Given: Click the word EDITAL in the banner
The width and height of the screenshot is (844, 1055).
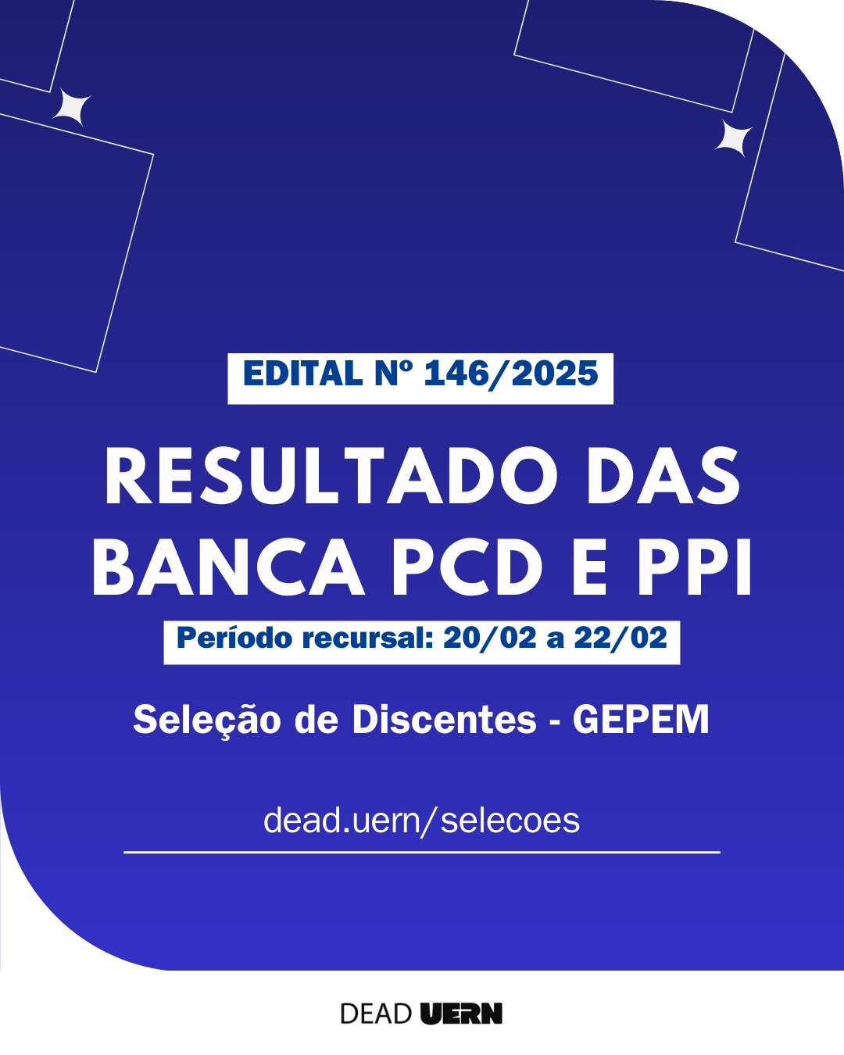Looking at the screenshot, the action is point(302,374).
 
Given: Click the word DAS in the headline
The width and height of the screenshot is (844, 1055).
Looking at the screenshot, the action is point(663,476).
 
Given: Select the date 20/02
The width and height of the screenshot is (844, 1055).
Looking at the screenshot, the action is point(489,638).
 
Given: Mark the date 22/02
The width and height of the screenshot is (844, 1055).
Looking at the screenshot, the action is point(620,638).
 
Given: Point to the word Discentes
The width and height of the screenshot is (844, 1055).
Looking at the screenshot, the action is point(445,720).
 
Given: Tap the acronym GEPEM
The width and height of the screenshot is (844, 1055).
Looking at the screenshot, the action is point(641,720).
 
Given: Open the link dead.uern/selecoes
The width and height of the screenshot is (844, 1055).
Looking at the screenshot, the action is point(422,821).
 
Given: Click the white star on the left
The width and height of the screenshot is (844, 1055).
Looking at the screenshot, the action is point(72,107).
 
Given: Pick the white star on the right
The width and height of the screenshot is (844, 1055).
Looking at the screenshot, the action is point(733,138).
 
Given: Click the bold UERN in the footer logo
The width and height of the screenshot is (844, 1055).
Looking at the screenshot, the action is point(462,1014).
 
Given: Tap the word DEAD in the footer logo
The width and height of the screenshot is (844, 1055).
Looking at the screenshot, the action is point(376,1014).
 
